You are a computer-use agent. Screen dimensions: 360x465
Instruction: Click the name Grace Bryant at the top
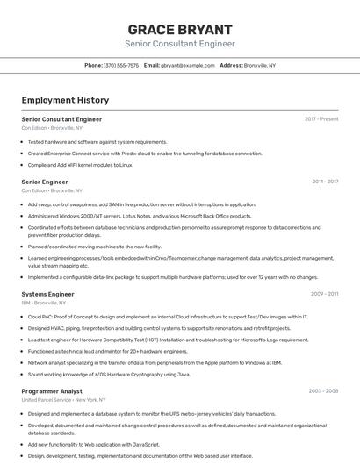(180, 29)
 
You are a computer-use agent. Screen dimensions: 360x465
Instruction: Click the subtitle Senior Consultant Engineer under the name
(180, 43)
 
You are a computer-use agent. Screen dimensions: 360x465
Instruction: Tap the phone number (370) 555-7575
(121, 65)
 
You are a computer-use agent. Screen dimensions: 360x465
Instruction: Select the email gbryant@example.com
(185, 65)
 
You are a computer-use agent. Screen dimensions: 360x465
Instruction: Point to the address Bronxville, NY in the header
(260, 65)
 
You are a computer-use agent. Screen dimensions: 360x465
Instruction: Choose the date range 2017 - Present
(321, 119)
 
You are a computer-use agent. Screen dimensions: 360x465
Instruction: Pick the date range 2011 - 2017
(325, 182)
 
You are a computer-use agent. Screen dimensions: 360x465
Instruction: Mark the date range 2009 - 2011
(325, 294)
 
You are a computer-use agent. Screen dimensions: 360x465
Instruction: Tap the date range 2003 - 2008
(323, 391)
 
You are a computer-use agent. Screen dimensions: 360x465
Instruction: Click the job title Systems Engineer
(47, 294)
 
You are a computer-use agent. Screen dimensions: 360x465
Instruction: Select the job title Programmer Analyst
(52, 391)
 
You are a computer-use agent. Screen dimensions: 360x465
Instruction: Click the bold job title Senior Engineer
(45, 182)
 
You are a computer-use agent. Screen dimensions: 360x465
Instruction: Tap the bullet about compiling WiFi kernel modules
(81, 164)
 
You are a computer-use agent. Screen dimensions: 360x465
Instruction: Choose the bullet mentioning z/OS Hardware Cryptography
(109, 374)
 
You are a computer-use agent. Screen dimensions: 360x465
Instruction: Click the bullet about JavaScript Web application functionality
(94, 445)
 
